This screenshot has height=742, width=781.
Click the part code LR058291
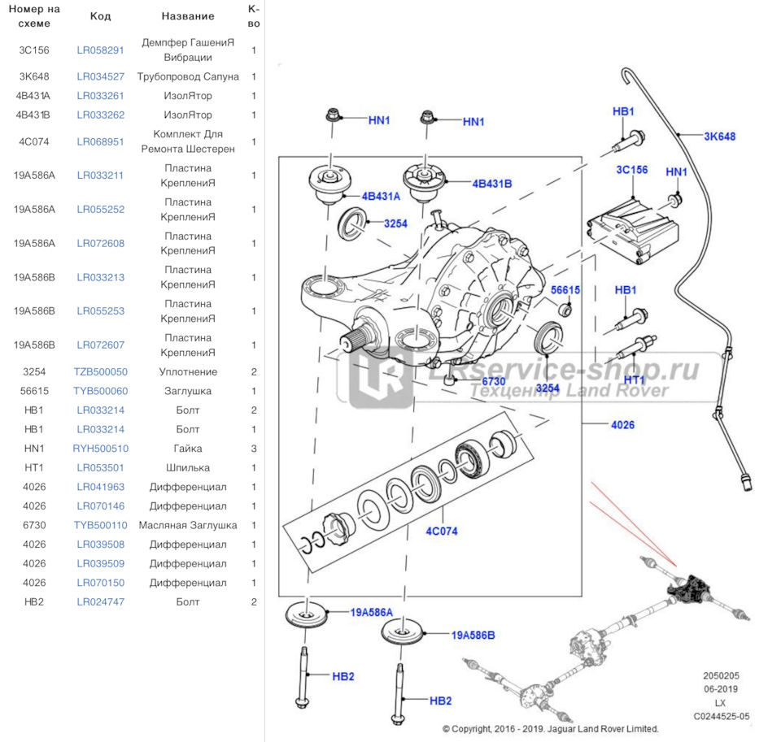click(100, 50)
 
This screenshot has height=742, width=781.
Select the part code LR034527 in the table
click(100, 76)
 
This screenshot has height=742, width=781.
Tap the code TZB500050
click(100, 371)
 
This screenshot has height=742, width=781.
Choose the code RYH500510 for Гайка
click(100, 449)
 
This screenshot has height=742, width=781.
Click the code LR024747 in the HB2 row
click(100, 602)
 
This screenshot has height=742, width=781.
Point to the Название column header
click(188, 16)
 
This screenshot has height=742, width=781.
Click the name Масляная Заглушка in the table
click(188, 525)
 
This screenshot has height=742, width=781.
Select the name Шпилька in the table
click(188, 467)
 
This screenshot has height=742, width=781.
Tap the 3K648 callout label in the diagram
click(719, 137)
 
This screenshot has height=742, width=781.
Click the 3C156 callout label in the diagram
click(631, 170)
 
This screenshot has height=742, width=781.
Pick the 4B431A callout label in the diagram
click(382, 196)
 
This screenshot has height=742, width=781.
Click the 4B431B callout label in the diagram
click(492, 184)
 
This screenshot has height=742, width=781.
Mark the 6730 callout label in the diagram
click(494, 380)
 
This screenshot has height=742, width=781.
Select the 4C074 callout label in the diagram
click(441, 532)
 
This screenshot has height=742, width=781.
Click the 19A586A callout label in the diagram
click(371, 612)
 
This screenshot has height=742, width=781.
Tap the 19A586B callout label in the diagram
click(473, 635)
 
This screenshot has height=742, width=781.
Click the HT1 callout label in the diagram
click(635, 380)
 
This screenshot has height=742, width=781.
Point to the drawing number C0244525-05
click(721, 716)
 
